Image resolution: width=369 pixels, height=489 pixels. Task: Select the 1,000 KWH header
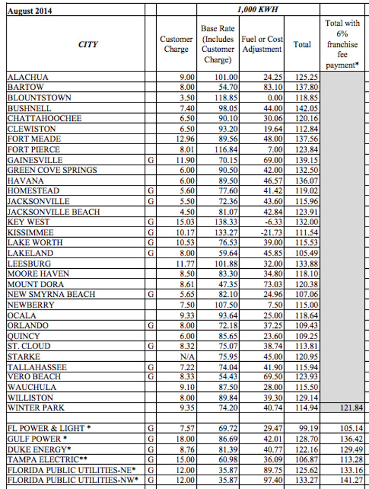tap(258, 10)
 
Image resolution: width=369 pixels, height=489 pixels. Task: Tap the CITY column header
tap(88, 44)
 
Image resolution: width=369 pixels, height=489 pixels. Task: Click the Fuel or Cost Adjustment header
tap(262, 44)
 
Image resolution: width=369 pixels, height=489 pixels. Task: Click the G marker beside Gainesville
tap(151, 160)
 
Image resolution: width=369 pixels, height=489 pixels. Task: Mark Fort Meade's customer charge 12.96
tap(185, 139)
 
